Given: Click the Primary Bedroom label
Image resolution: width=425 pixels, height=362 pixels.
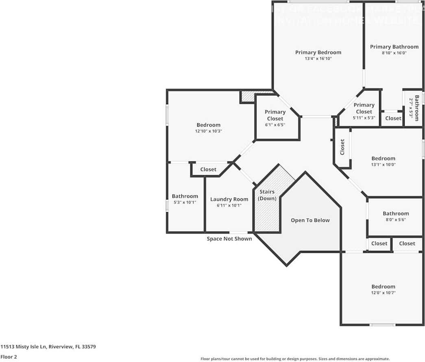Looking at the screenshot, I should pos(318,52).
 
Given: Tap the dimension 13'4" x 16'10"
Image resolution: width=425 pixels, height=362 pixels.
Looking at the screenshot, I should pos(318,59).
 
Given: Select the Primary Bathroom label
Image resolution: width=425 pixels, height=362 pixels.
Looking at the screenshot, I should pos(394,47).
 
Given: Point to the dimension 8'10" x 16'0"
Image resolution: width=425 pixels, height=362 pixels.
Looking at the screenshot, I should pos(394,53).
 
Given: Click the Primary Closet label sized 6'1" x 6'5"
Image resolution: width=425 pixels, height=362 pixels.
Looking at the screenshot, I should pos(275,115).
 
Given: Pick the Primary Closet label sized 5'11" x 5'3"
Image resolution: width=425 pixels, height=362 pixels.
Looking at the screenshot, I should pos(364,108).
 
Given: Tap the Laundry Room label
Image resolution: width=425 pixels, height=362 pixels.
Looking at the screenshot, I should pos(229,199).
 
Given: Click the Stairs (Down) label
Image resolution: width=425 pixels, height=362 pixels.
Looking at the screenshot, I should pos(267,195).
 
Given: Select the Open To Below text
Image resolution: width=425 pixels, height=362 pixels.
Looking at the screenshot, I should pos(310,220).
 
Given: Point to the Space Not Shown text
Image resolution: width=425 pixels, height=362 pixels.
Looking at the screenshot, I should pos(229,239).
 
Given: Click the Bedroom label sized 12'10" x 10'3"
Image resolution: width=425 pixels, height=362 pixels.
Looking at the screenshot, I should pos(208,125).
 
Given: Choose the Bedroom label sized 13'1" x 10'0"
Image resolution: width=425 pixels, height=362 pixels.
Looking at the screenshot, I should pos(383,158).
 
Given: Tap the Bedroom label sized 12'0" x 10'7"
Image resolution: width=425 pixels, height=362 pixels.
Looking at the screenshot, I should pos(383,286).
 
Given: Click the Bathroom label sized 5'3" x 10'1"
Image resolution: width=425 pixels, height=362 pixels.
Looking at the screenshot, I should pos(185,196).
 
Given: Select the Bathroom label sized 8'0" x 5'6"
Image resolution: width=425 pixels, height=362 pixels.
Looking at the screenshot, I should pos(396,213).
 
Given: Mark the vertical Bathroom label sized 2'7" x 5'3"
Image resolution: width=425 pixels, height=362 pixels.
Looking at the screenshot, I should pos(416,108).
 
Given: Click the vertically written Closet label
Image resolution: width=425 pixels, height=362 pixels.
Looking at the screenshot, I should pos(342,147).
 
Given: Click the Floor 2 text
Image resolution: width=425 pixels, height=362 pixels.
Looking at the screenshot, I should pos(9,357).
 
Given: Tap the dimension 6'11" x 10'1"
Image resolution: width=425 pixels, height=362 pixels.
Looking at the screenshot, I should pos(229,206).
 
